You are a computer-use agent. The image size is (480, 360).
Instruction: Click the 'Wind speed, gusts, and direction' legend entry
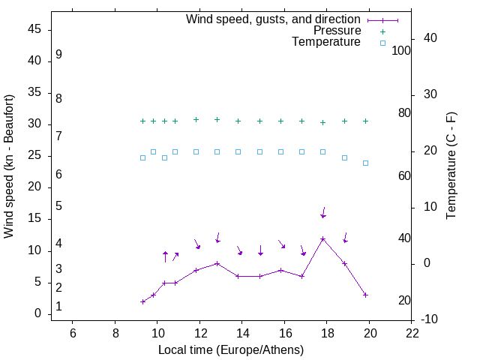click(x=273, y=19)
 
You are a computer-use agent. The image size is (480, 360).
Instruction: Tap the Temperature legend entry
click(x=326, y=43)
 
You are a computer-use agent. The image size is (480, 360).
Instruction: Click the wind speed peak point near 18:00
click(x=323, y=238)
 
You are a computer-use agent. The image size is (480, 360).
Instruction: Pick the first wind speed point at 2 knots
click(x=142, y=301)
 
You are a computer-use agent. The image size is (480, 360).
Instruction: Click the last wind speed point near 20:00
click(x=365, y=295)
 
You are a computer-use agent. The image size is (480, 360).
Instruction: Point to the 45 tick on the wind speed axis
click(x=34, y=29)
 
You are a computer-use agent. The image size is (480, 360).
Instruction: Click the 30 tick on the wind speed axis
click(x=34, y=124)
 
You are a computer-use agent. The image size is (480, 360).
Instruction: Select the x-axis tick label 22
click(x=412, y=334)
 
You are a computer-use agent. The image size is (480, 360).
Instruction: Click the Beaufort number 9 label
click(x=58, y=55)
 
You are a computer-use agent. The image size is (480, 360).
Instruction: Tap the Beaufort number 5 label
click(x=58, y=205)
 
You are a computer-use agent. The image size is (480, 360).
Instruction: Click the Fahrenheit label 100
click(x=401, y=50)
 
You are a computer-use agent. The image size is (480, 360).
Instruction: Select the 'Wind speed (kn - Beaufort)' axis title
click(x=9, y=166)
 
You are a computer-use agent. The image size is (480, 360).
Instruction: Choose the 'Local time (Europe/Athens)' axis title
click(x=231, y=349)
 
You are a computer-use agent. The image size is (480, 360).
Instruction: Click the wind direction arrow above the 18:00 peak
click(x=323, y=212)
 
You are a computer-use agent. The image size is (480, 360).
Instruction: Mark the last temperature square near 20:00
click(x=365, y=163)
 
